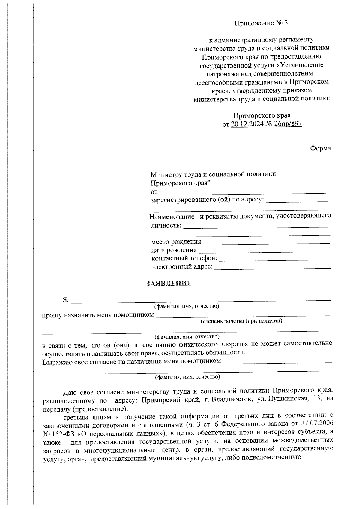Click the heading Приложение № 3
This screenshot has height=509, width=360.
261,23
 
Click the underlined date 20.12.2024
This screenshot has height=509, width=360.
247,124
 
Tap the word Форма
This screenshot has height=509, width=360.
320,148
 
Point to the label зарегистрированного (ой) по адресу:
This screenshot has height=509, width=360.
207,200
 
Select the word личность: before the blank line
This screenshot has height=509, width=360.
166,225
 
